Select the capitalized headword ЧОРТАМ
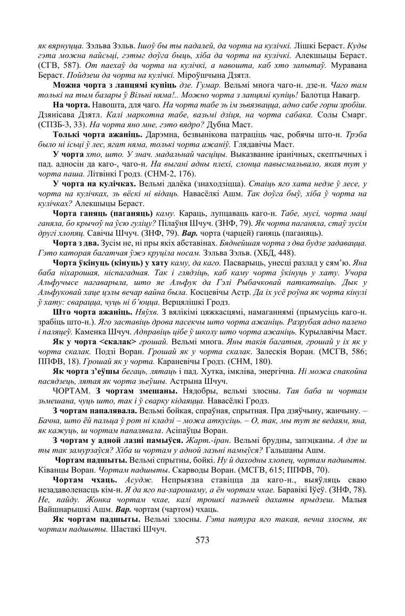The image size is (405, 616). [x=69, y=376]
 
